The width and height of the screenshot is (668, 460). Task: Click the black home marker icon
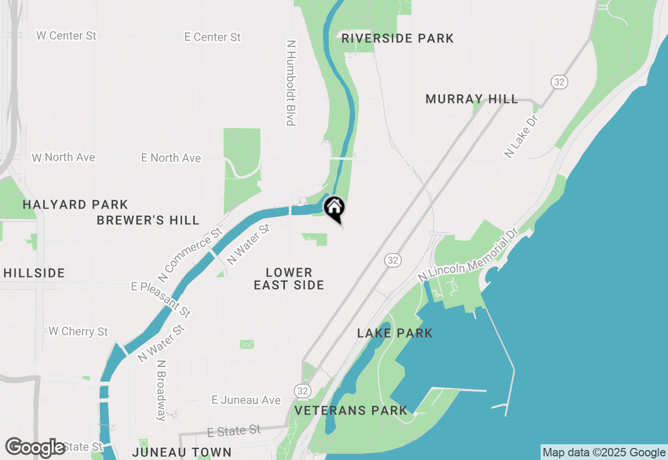point(334,208)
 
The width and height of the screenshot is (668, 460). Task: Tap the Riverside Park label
point(398,38)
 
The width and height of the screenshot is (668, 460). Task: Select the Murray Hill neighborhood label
point(472,99)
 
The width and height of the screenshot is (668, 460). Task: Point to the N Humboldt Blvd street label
point(291,83)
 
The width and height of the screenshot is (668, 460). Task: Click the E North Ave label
point(171,158)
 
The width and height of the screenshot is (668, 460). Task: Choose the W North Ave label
point(63,157)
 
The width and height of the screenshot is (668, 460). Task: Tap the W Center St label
point(66,36)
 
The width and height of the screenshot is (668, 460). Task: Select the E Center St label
point(212,37)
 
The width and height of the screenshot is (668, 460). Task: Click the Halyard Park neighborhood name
point(75,204)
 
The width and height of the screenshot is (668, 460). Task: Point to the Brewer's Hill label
point(148,220)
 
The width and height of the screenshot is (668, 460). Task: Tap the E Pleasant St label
point(161,300)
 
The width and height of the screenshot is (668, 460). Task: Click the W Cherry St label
point(78,331)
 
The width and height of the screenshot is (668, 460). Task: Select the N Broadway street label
point(161,390)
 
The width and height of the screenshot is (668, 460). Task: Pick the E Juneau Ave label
point(246,400)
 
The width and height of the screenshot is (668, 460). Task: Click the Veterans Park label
point(351,410)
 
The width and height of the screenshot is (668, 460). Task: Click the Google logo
point(35,447)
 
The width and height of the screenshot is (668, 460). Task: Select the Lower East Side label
point(289,279)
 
